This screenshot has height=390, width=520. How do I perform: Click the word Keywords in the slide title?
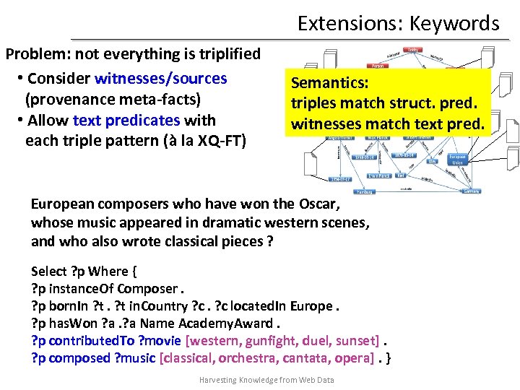[x=454, y=23]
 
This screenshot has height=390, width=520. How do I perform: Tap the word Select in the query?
[x=48, y=271]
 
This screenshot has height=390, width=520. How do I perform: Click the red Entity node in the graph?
[x=413, y=50]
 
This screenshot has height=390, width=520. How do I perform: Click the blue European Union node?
[x=457, y=159]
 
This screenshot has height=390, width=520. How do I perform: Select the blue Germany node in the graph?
[x=472, y=191]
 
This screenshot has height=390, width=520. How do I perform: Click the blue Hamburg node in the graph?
[x=365, y=192]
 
